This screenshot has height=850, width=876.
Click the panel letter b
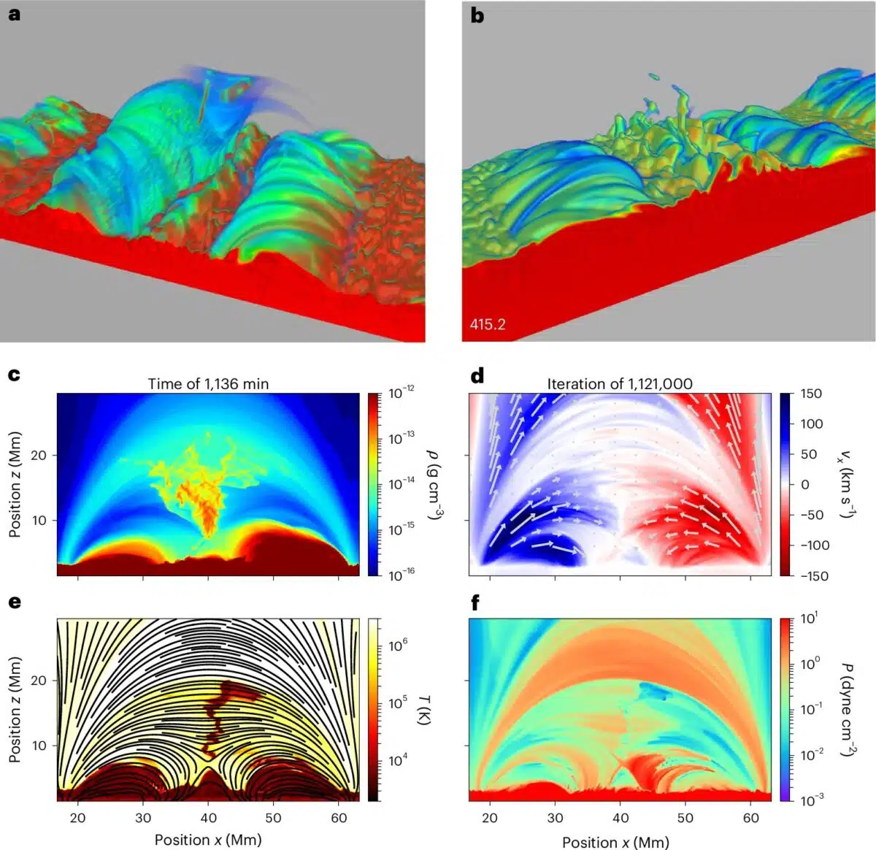pyautogui.click(x=477, y=15)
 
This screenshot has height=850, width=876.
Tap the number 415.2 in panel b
pyautogui.click(x=488, y=324)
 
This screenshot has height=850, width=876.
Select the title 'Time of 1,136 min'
pyautogui.click(x=208, y=383)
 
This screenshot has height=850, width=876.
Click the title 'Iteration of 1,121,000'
pyautogui.click(x=620, y=383)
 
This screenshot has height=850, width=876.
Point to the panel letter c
pyautogui.click(x=14, y=375)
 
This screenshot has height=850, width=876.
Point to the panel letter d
pyautogui.click(x=477, y=375)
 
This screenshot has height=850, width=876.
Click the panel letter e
pyautogui.click(x=14, y=602)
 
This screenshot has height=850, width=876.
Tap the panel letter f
pyautogui.click(x=476, y=602)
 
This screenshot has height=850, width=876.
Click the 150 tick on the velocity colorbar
pyautogui.click(x=810, y=394)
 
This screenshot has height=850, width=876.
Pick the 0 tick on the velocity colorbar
pyautogui.click(x=805, y=484)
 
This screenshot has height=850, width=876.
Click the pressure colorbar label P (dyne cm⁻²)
pyautogui.click(x=848, y=709)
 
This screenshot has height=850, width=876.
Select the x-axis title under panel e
pyautogui.click(x=207, y=840)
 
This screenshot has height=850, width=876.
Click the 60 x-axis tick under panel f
pyautogui.click(x=751, y=819)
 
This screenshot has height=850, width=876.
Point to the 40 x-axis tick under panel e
pyautogui.click(x=208, y=818)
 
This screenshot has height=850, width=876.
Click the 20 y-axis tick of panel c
pyautogui.click(x=38, y=455)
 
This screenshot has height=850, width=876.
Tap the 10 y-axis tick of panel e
pyautogui.click(x=38, y=746)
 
